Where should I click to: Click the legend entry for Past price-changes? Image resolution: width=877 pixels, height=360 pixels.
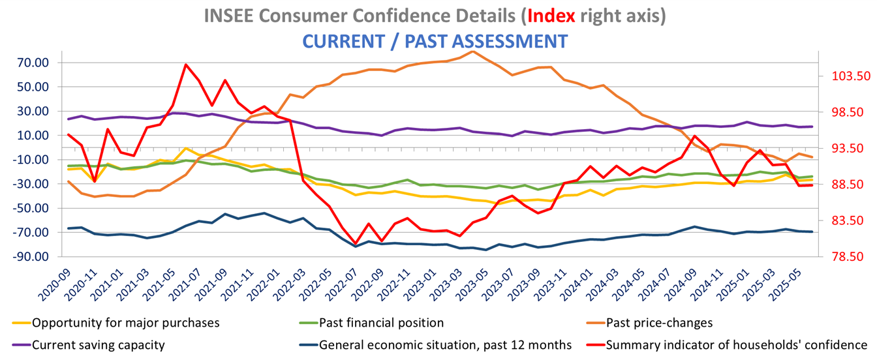click(659, 322)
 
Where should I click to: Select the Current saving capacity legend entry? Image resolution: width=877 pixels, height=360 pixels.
click(98, 344)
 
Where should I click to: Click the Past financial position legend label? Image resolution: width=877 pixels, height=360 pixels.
click(381, 322)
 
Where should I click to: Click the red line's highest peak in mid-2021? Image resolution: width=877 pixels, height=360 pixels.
click(186, 65)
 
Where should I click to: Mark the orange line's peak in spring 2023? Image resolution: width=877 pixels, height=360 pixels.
click(472, 51)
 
